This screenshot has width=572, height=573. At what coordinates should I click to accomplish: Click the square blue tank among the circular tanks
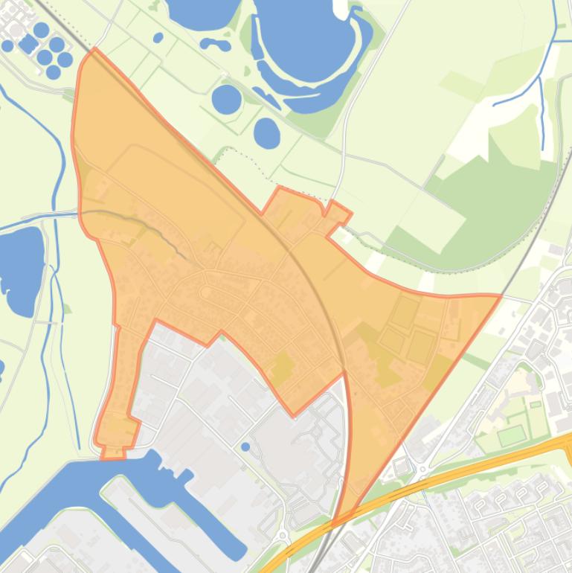pos(28,43)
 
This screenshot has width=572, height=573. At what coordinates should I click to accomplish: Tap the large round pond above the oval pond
pos(226,99)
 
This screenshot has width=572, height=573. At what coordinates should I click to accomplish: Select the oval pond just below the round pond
pos(266,132)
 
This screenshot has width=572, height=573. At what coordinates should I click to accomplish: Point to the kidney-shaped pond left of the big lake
pos(215,45)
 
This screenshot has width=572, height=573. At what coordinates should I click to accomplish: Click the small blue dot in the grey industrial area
pos(245,446)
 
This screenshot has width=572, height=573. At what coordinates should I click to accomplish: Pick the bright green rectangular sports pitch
pos(511,435)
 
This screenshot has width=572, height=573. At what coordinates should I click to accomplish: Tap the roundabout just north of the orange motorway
pos(422,470)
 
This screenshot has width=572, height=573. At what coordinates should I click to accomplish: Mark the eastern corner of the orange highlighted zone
pos(500,296)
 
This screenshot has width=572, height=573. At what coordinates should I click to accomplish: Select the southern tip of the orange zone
pos(336,522)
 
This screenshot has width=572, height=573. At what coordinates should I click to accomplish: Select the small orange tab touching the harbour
pos(113,452)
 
